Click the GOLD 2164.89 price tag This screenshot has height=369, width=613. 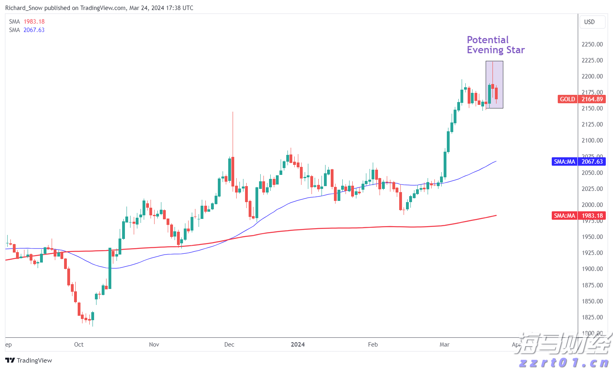point(581,99)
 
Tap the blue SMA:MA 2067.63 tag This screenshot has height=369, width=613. point(578,162)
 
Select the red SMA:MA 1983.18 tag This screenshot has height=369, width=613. point(578,216)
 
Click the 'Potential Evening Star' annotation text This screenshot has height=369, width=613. point(496,45)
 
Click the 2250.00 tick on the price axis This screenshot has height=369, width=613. point(592,44)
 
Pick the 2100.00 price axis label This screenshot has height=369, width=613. point(592,140)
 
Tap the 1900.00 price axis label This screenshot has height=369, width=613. point(592,269)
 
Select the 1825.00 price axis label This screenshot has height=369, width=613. point(592,317)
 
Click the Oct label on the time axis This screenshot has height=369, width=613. point(79,345)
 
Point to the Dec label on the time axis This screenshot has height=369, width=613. point(229,345)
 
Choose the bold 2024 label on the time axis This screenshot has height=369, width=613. point(298,345)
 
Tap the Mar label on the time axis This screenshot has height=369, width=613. point(444,345)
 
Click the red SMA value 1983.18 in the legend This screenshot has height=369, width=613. point(34,22)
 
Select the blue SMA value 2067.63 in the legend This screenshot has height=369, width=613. point(34,30)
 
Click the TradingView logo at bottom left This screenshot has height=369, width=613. point(29,361)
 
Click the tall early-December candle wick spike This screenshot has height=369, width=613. point(233,132)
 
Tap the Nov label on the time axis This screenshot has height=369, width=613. point(154,345)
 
